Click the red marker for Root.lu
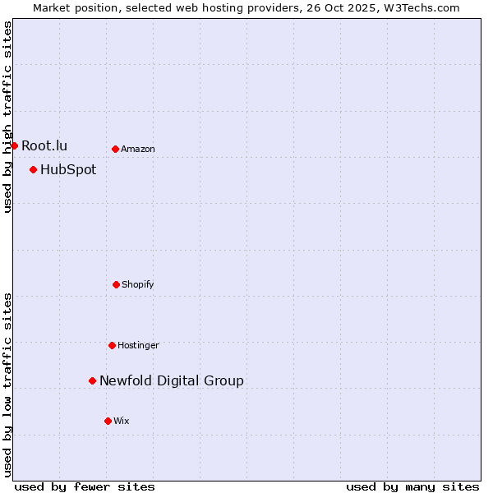14,145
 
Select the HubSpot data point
33,170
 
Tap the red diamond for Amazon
115,149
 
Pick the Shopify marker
116,284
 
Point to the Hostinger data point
112,345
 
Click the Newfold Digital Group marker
92,380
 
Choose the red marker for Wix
108,421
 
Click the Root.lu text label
44,145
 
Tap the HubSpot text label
68,170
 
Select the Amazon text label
138,149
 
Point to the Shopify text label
138,284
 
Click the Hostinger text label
138,345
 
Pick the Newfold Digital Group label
172,380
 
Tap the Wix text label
122,421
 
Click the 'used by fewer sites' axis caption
85,486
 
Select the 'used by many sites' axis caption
412,486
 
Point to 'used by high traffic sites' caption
7,117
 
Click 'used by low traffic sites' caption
7,385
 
